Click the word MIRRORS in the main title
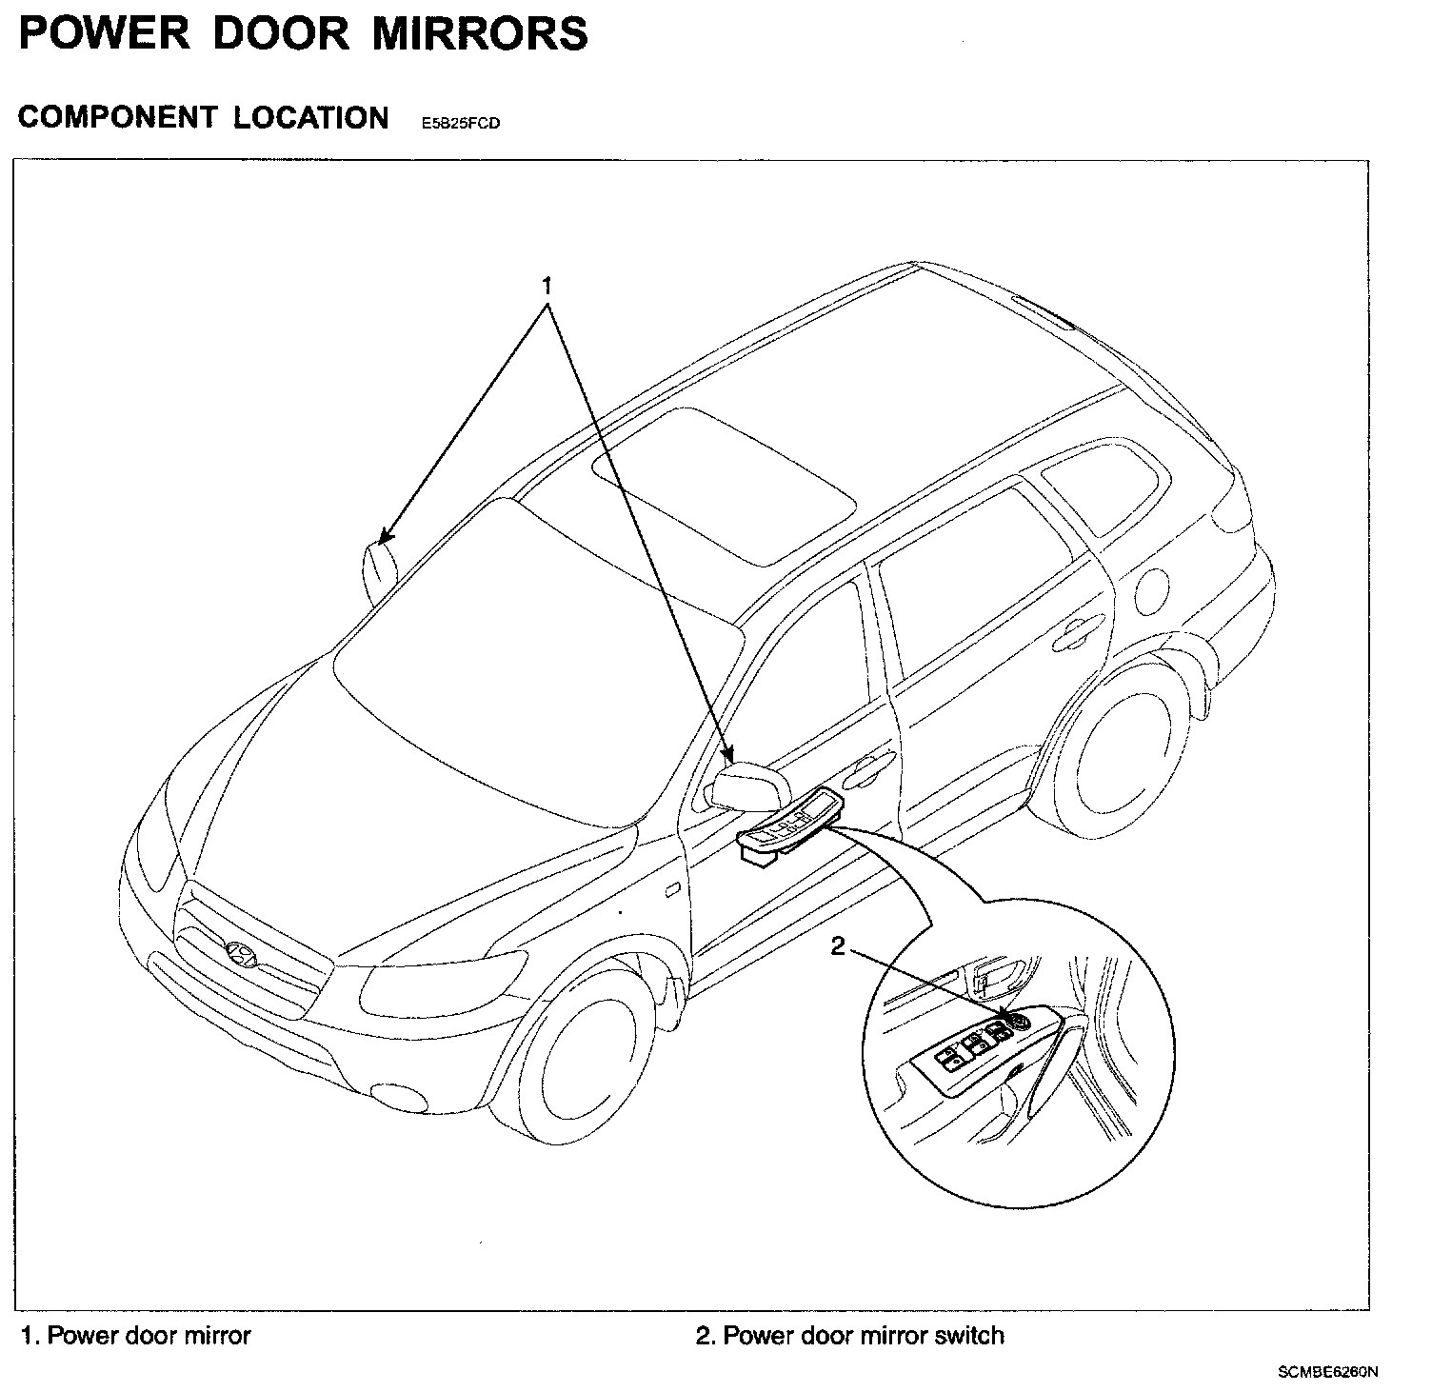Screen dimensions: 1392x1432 [x=479, y=34]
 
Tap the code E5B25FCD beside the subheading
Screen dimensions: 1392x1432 [x=461, y=124]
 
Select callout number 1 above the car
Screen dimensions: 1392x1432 [x=547, y=285]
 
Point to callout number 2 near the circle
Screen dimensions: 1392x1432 [x=838, y=946]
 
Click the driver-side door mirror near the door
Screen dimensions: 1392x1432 [x=749, y=787]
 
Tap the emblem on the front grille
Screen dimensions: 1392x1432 [x=242, y=953]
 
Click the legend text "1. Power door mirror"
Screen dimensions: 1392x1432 [x=136, y=1336]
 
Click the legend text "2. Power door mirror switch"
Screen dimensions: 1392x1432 [x=849, y=1336]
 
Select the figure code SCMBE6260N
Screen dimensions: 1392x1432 [x=1328, y=1372]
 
